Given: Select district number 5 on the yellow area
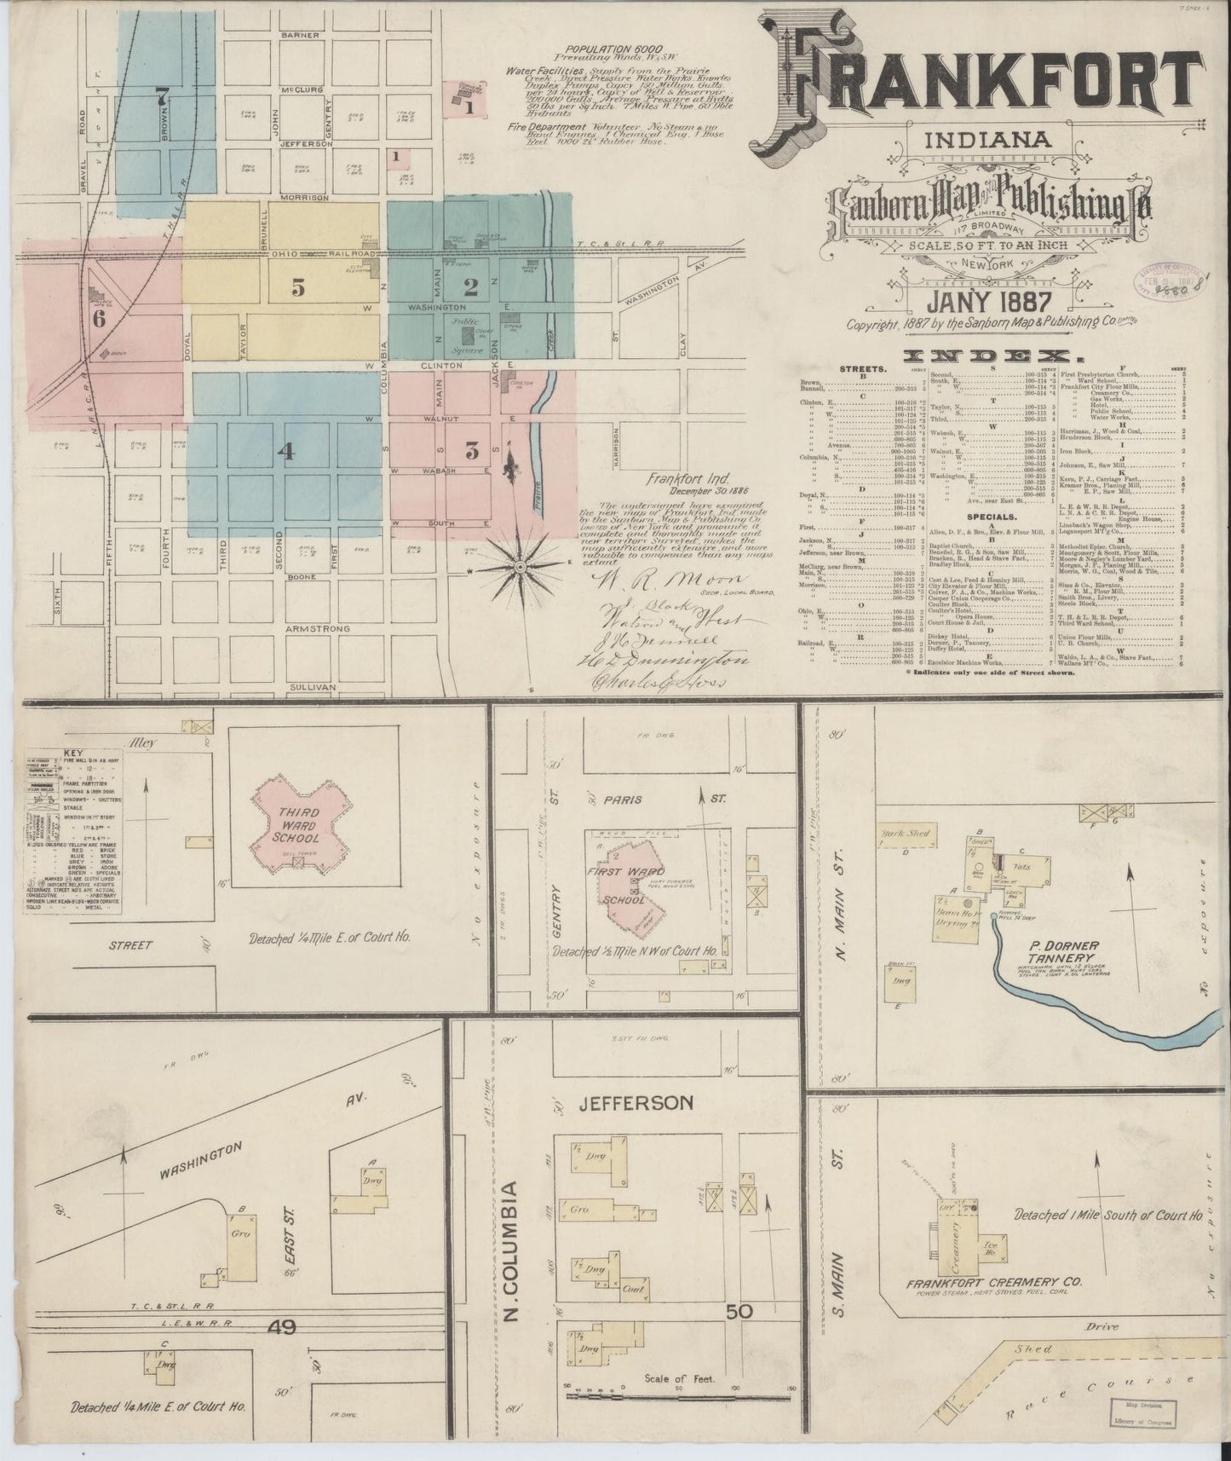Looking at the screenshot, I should pyautogui.click(x=297, y=288).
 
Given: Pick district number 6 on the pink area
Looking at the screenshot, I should pyautogui.click(x=99, y=320).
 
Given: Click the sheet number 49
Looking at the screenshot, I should pyautogui.click(x=280, y=1326).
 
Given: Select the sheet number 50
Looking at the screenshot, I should pyautogui.click(x=739, y=1310).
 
